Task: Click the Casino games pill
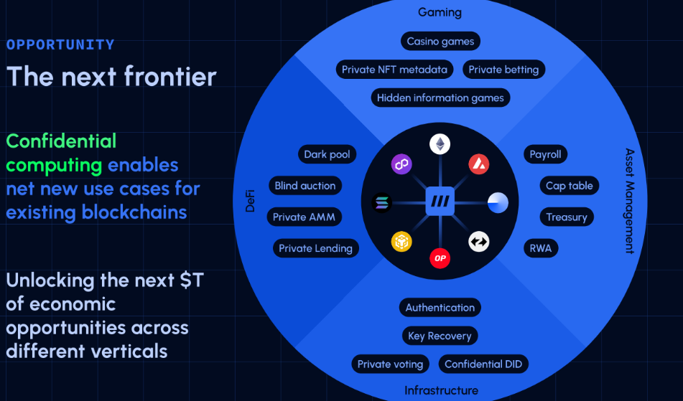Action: pos(440,42)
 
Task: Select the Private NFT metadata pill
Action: pos(394,70)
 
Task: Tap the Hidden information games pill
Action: pos(440,98)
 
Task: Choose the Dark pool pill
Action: pos(326,154)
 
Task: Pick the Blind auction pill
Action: pos(305,186)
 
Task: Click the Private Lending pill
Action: pos(315,248)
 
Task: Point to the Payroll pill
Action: pos(545,154)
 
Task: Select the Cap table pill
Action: pos(569,186)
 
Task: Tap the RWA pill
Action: pos(540,248)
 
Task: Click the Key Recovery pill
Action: pos(440,336)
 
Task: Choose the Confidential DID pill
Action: pos(483,364)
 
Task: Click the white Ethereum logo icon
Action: pos(440,144)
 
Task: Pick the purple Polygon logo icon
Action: pos(401,165)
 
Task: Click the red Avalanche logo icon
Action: pos(478,164)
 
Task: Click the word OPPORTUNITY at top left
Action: pos(60,44)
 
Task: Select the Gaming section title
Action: pos(440,12)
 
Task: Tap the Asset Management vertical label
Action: pos(629,201)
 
